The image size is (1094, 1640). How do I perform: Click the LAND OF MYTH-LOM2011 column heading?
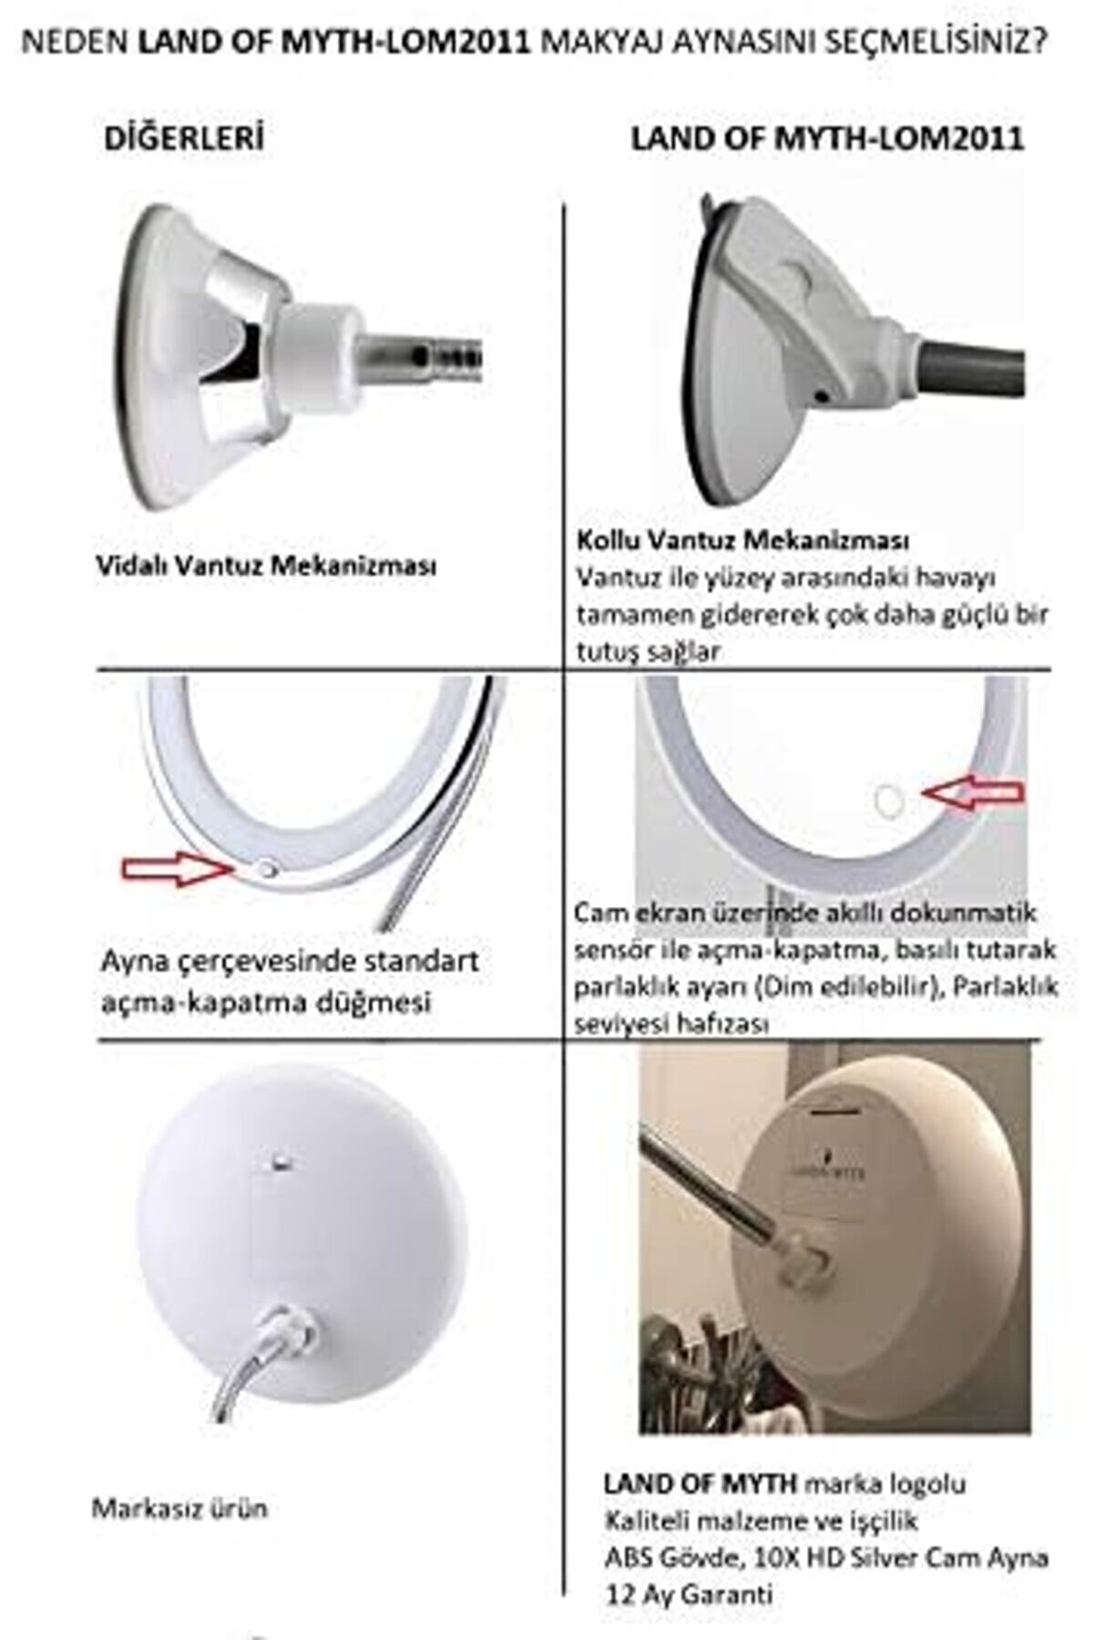coord(827,138)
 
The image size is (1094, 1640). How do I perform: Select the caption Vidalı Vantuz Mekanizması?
coord(266,565)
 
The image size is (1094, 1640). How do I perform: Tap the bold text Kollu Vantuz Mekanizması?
coord(742,540)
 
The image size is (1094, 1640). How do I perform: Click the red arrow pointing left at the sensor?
coord(974,793)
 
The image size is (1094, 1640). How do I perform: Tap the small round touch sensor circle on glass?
coord(887,800)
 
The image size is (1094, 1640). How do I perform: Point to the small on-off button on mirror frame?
coord(266,871)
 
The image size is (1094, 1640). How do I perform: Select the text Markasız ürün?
coord(179,1508)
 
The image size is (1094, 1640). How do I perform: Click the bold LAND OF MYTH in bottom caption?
coord(700,1483)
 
